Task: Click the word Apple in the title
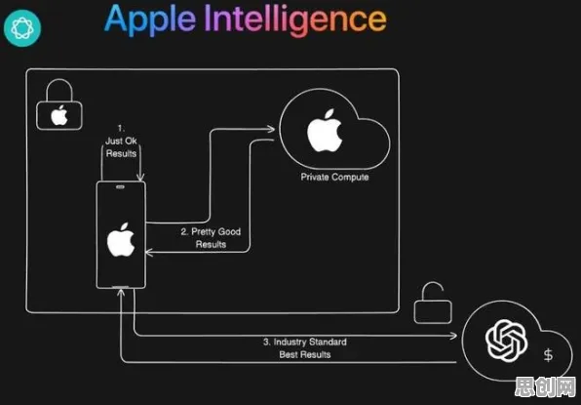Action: pos(150,20)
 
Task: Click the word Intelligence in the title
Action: pos(295,20)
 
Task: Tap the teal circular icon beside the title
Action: pos(22,28)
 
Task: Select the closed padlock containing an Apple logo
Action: pos(59,104)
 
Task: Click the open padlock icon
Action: pos(433,303)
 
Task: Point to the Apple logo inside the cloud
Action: pos(325,131)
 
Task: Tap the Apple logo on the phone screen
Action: pos(121,240)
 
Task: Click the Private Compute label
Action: pos(334,177)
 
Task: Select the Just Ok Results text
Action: pos(121,141)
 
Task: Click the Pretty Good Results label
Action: pos(211,238)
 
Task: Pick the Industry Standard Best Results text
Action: pos(305,347)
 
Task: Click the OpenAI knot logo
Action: pos(507,340)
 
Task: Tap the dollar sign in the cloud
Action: pos(549,355)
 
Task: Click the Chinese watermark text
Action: pos(546,388)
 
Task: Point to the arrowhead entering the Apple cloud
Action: pos(271,129)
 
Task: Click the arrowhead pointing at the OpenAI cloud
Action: pos(453,336)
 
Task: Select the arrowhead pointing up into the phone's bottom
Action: pos(121,293)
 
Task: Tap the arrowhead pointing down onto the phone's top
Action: pos(140,178)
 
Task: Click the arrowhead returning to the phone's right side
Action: pos(149,252)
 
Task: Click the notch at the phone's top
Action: pos(121,187)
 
